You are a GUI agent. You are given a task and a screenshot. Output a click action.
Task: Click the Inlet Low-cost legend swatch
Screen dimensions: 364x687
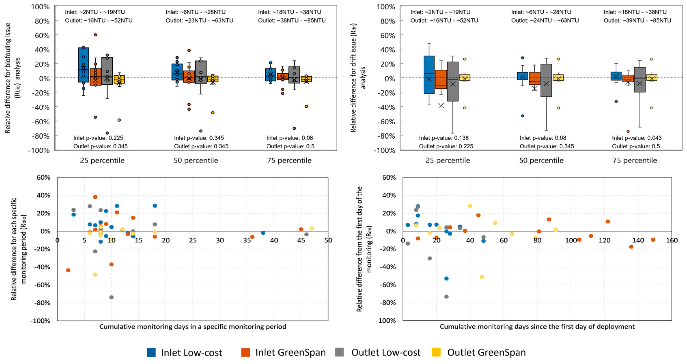151,352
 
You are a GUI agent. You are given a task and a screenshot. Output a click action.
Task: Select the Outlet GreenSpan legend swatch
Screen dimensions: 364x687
436,352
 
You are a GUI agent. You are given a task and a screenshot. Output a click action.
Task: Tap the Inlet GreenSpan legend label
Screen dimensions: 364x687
290,352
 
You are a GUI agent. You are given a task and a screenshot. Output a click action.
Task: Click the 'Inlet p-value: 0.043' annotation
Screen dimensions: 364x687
637,138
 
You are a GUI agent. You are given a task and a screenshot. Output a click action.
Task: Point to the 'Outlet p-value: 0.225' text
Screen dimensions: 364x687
446,146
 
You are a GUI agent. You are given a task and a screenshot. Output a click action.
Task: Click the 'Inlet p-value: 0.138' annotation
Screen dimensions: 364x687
444,138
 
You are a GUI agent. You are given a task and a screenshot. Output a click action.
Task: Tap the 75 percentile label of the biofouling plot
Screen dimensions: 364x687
289,161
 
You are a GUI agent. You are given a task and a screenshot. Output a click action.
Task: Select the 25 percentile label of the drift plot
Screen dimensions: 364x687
448,161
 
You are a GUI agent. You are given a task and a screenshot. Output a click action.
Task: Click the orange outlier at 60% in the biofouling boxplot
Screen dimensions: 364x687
96,35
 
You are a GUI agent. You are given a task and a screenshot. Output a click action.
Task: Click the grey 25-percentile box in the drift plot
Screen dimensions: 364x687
453,81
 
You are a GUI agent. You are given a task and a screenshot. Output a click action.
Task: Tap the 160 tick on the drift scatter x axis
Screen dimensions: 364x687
672,240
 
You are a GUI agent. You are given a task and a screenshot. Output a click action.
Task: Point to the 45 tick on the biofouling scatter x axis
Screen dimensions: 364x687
301,240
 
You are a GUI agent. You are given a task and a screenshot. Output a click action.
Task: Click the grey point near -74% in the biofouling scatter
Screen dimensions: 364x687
111,297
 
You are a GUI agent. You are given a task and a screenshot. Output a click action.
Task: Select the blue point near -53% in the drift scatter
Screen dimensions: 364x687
446,278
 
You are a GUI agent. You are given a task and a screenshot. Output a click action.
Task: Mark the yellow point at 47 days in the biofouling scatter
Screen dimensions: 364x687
312,229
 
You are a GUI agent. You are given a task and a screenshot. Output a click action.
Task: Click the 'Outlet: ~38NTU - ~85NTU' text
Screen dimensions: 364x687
292,20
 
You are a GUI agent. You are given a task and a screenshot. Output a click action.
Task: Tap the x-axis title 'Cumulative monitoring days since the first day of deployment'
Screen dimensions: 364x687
537,327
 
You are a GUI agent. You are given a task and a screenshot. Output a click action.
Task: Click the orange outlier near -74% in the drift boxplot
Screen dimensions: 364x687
628,131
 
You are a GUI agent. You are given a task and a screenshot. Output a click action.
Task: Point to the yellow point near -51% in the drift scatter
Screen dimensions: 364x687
482,277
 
